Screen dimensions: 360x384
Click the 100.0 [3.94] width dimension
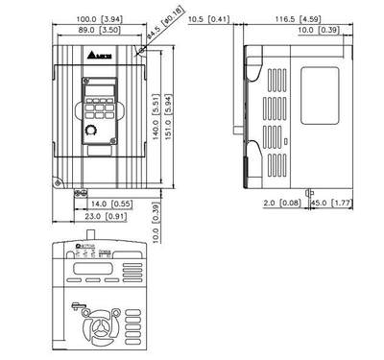tap(98, 17)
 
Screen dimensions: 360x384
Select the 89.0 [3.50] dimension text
tap(98, 32)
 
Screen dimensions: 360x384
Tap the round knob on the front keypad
tap(93, 129)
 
